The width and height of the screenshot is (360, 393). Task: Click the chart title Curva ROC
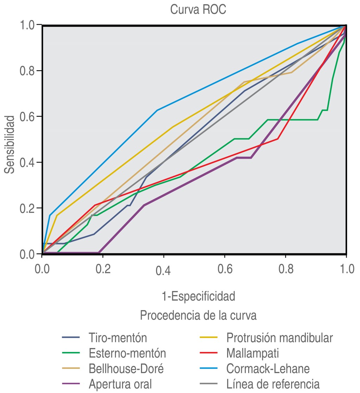click(198, 9)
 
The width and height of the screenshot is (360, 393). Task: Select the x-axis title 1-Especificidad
click(198, 296)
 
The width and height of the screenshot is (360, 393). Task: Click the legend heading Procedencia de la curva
click(198, 315)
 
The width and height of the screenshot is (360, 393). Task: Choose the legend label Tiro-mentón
click(118, 338)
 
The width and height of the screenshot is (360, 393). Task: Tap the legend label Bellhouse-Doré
click(126, 368)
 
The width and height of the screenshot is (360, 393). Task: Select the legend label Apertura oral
click(120, 384)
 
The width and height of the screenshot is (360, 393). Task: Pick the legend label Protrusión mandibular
click(279, 338)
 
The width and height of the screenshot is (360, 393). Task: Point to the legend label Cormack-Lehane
click(268, 368)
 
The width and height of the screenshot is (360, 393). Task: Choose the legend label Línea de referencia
click(273, 384)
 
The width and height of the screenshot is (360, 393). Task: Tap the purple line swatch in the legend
click(71, 384)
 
